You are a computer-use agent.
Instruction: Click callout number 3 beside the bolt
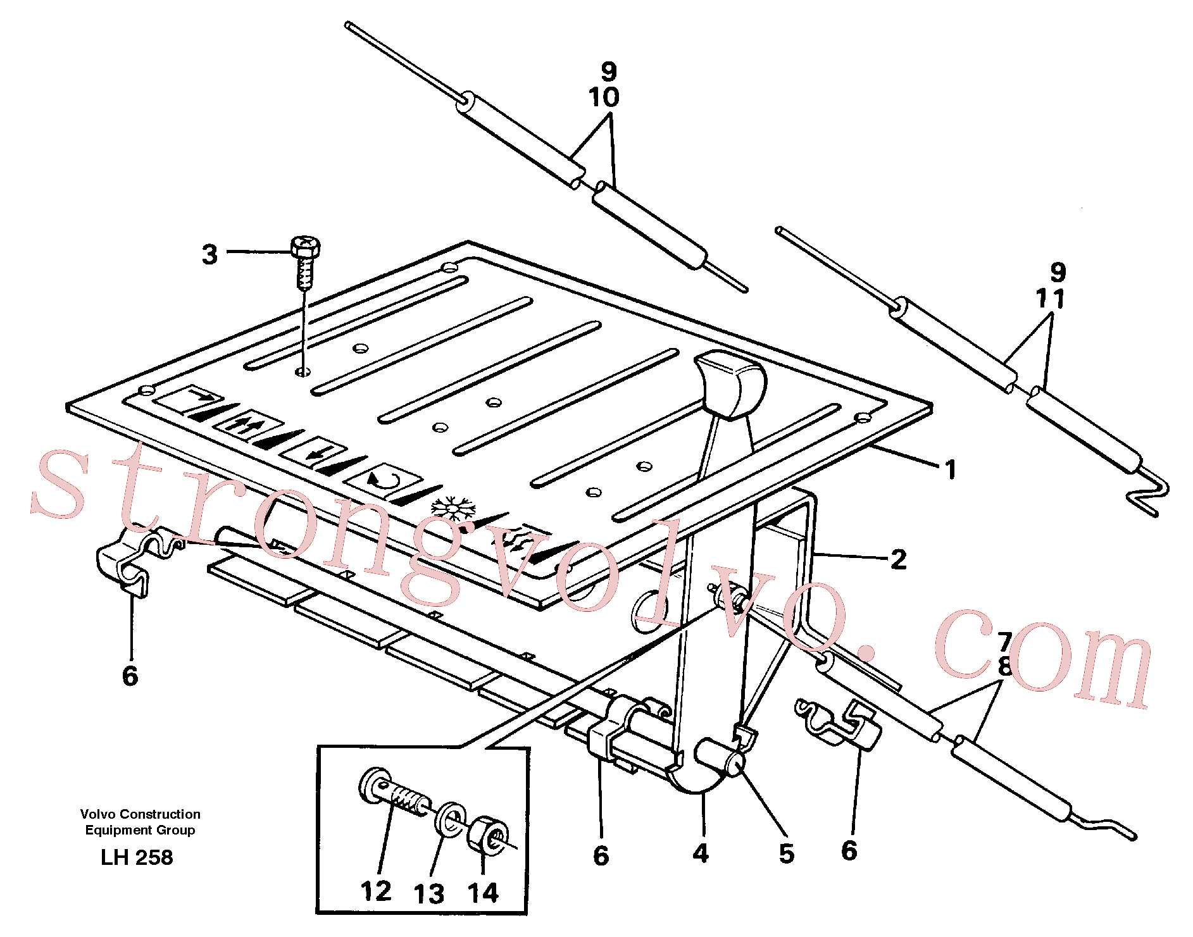pyautogui.click(x=209, y=254)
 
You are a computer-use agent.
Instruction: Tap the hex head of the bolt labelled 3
pyautogui.click(x=305, y=246)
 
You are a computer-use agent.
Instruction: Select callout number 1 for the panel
pyautogui.click(x=950, y=470)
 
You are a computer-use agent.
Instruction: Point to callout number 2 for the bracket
pyautogui.click(x=899, y=559)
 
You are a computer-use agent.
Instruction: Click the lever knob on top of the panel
pyautogui.click(x=730, y=383)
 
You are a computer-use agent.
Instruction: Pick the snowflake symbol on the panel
pyautogui.click(x=453, y=509)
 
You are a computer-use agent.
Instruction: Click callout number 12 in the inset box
pyautogui.click(x=376, y=891)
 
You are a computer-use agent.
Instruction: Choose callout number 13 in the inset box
pyautogui.click(x=429, y=894)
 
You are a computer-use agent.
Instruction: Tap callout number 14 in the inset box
pyautogui.click(x=484, y=893)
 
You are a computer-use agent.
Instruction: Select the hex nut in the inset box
pyautogui.click(x=487, y=835)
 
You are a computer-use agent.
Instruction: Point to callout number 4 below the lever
pyautogui.click(x=701, y=853)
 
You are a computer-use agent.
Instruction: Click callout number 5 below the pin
pyautogui.click(x=786, y=853)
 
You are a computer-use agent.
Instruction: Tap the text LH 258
pyautogui.click(x=137, y=857)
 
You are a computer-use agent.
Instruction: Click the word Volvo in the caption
pyautogui.click(x=97, y=814)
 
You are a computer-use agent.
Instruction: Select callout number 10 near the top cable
pyautogui.click(x=604, y=97)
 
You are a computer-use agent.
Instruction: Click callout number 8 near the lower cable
pyautogui.click(x=1004, y=667)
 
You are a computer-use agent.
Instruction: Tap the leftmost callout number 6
pyautogui.click(x=130, y=676)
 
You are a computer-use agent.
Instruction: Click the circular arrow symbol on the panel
pyautogui.click(x=384, y=479)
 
